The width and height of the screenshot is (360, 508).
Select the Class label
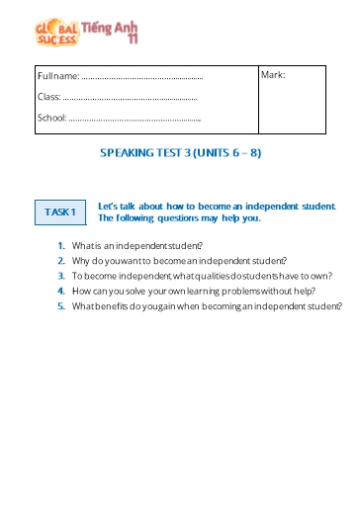(48, 97)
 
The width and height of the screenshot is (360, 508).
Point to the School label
(51, 119)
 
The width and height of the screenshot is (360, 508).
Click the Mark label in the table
(274, 75)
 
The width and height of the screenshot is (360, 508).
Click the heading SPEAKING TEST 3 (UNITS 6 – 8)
(181, 154)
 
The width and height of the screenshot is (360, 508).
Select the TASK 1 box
(60, 212)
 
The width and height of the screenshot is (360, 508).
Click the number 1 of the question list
(61, 245)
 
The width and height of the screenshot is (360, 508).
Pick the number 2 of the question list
(61, 261)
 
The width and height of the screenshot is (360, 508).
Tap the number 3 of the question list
(61, 276)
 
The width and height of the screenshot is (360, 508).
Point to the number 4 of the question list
(61, 292)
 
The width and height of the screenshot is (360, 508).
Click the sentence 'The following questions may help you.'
(179, 217)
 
